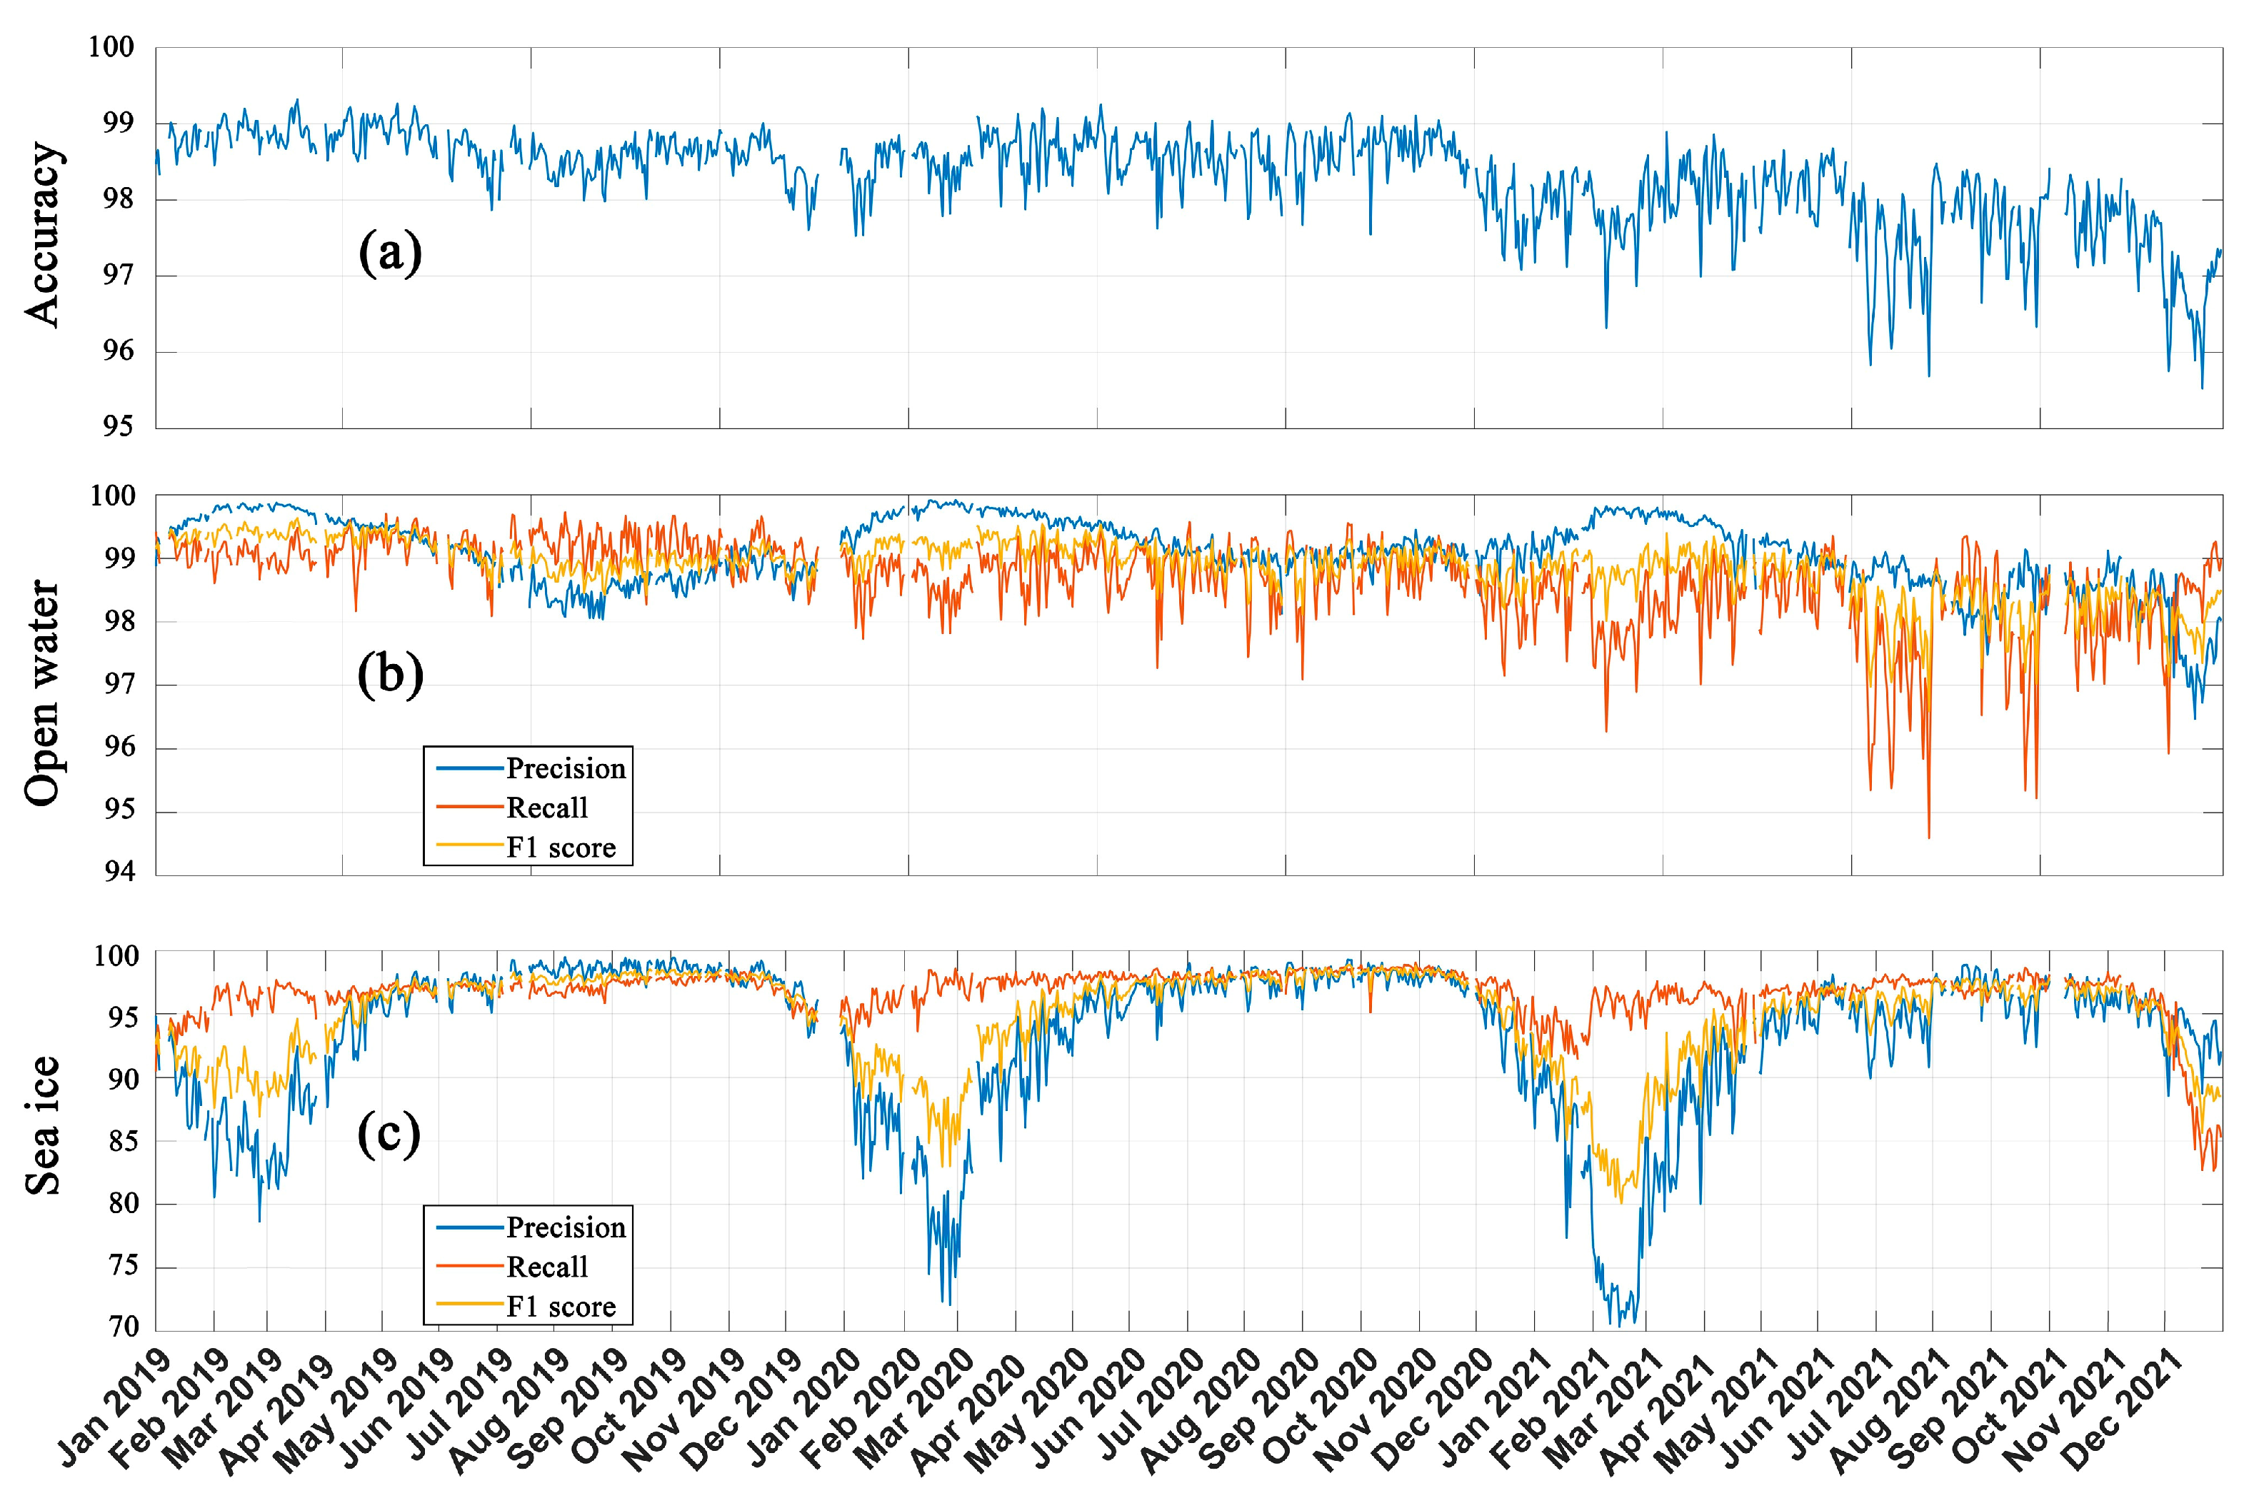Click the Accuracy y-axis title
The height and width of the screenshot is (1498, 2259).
tap(43, 235)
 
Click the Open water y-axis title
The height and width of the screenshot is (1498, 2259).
tap(43, 693)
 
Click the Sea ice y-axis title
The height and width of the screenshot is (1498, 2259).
tap(43, 1125)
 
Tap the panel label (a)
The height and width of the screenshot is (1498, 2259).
tap(390, 254)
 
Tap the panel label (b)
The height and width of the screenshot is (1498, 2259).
tap(390, 675)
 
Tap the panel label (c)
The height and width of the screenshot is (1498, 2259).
tap(389, 1135)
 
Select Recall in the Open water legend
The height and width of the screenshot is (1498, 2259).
tap(546, 808)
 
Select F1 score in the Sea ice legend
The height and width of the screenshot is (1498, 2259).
tap(561, 1306)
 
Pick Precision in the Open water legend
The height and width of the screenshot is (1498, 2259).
tap(566, 768)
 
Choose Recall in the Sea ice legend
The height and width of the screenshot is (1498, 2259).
tap(546, 1267)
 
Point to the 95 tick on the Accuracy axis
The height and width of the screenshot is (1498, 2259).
tap(119, 426)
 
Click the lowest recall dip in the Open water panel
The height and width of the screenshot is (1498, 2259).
tap(1928, 838)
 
